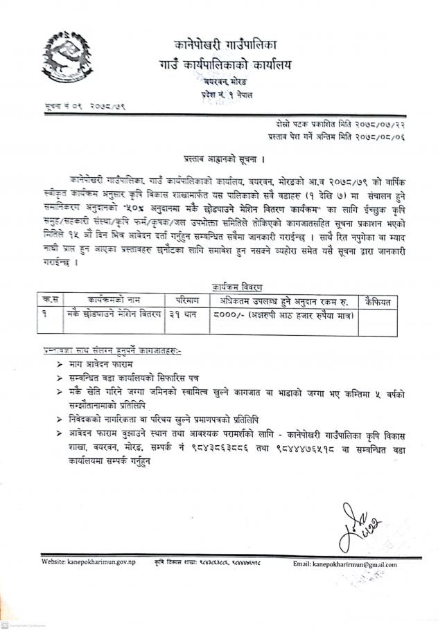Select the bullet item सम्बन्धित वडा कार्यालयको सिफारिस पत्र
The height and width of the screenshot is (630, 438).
pyautogui.click(x=144, y=377)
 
